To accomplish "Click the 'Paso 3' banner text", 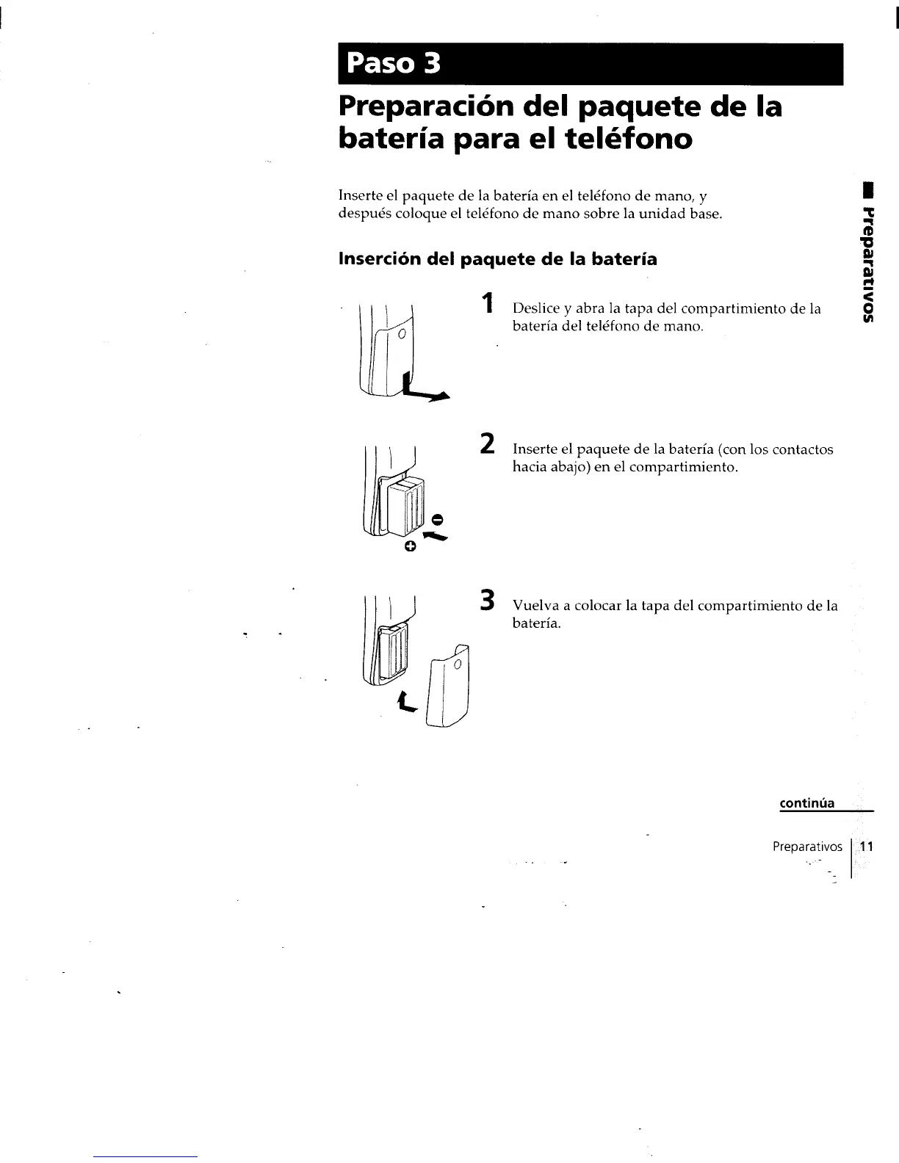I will click(x=394, y=65).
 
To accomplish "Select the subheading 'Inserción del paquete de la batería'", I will click(x=497, y=259).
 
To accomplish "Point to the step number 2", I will click(x=485, y=444).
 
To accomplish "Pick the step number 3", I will click(x=485, y=600).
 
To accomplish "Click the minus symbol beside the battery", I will click(x=437, y=520).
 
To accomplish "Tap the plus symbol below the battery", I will click(x=411, y=546).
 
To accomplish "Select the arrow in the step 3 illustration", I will click(x=406, y=703).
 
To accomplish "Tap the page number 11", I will click(x=866, y=847).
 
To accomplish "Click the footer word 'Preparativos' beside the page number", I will click(x=807, y=847).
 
